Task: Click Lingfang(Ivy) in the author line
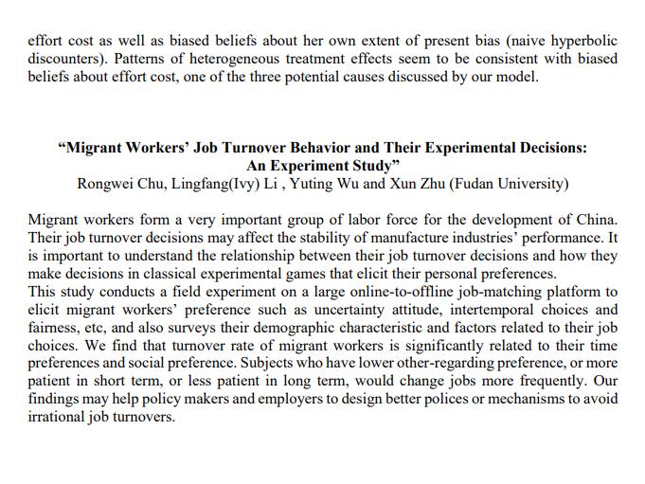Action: coord(213,184)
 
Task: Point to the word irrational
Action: coord(61,417)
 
